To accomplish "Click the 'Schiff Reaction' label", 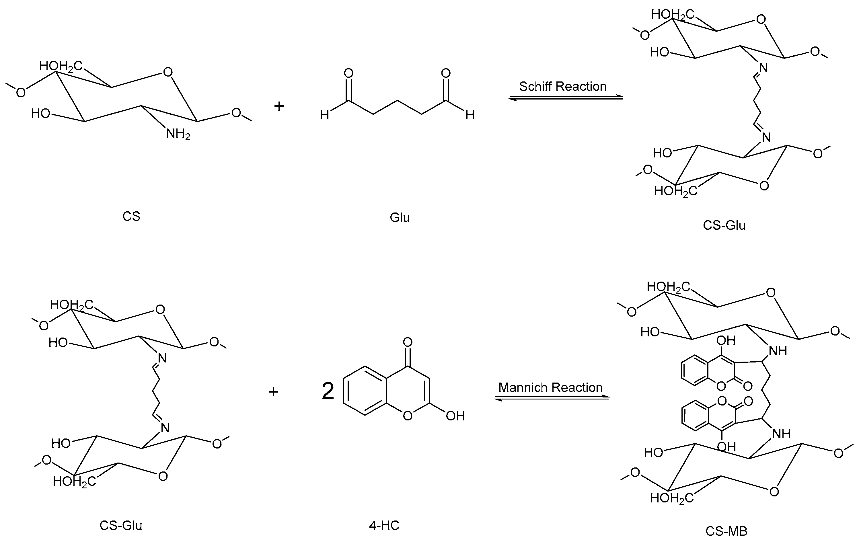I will pyautogui.click(x=562, y=86).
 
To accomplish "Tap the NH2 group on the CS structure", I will pyautogui.click(x=178, y=134).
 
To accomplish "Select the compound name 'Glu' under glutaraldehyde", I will pyautogui.click(x=400, y=217).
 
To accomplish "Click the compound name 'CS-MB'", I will pyautogui.click(x=726, y=531).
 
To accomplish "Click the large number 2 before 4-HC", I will pyautogui.click(x=328, y=391).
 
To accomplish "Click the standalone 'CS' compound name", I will pyautogui.click(x=131, y=216).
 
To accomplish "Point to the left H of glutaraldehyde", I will pyautogui.click(x=324, y=115).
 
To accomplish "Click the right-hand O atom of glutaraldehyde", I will pyautogui.click(x=445, y=73).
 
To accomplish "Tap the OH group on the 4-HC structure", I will pyautogui.click(x=455, y=416).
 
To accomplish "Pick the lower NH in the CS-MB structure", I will pyautogui.click(x=781, y=434).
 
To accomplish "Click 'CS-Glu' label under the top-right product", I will pyautogui.click(x=724, y=225).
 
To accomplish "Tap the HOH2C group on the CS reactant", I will pyautogui.click(x=61, y=66).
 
